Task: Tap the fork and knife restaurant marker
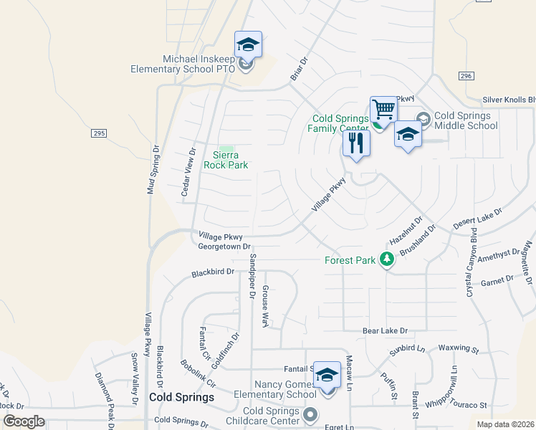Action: [x=356, y=143]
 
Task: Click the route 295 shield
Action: [x=99, y=133]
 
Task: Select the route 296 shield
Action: [x=466, y=76]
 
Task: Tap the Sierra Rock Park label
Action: [x=226, y=160]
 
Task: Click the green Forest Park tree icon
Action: [x=387, y=259]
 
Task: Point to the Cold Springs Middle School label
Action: [x=466, y=120]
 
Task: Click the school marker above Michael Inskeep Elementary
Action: [x=248, y=46]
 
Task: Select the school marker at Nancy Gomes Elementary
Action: [x=327, y=375]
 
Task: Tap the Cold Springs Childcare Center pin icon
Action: [x=310, y=414]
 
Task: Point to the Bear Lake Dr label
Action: [x=385, y=331]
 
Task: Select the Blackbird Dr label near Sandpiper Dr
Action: [x=214, y=272]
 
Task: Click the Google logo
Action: [x=24, y=421]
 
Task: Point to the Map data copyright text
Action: [x=506, y=424]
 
